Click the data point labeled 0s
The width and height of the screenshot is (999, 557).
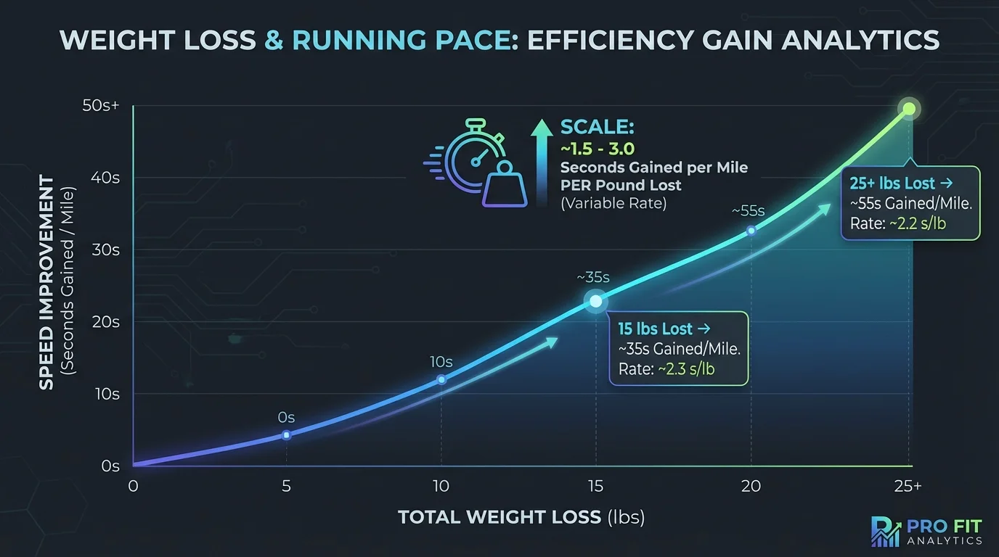point(286,435)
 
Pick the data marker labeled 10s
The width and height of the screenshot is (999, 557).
point(441,380)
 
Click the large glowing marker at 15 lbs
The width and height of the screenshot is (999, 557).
point(595,301)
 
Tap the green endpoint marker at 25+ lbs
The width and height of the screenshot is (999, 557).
point(908,110)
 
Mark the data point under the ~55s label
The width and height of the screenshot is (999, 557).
point(751,231)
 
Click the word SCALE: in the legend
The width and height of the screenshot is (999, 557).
point(598,128)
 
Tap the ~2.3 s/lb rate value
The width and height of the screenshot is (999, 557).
point(686,369)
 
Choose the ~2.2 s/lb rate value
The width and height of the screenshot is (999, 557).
point(918,224)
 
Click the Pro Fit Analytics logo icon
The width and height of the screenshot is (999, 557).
point(883,531)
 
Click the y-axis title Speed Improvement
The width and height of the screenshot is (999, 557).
point(46,283)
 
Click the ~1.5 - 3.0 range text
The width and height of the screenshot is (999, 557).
point(598,148)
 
